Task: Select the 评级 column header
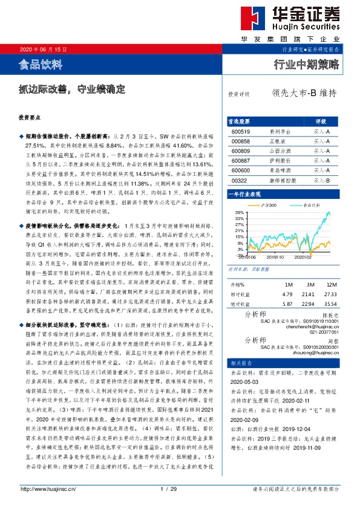[321, 120]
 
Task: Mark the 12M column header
[330, 284]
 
